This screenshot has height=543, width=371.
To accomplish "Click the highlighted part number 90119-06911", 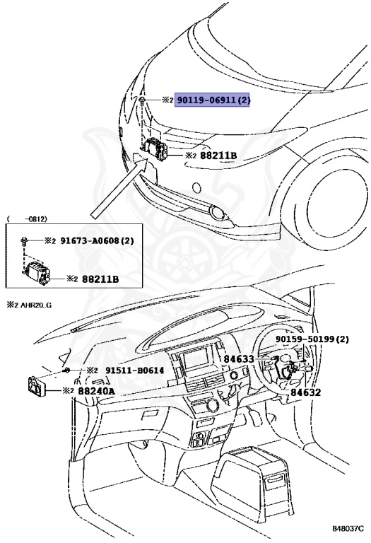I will tap(213, 100).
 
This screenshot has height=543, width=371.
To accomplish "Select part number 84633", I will tap(239, 359).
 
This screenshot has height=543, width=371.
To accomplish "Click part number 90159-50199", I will tap(312, 339).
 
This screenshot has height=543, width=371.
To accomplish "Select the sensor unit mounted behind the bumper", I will tap(154, 151).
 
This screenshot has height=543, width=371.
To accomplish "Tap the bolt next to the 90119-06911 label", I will tap(143, 103).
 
